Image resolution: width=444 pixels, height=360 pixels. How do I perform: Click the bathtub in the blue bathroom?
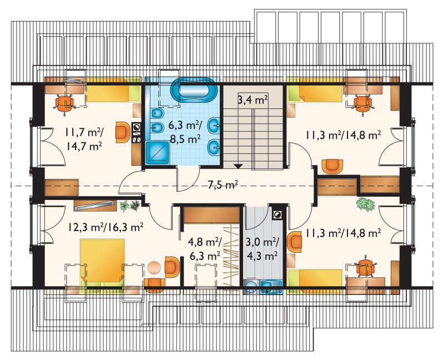(x=194, y=90)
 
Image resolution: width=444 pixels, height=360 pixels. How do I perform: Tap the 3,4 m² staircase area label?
(x=253, y=100)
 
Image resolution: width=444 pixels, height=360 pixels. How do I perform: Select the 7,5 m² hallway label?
(x=223, y=185)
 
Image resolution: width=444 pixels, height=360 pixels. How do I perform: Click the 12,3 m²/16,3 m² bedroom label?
(x=105, y=227)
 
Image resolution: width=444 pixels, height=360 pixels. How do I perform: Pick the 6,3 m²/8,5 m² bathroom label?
(x=185, y=131)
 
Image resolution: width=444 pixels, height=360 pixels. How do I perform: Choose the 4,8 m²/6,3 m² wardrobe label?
(x=204, y=248)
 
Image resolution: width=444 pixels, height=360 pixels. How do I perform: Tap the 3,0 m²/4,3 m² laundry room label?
(x=263, y=248)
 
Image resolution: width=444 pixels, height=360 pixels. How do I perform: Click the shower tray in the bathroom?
(x=158, y=153)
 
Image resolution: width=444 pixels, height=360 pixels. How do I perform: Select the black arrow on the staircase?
(x=239, y=166)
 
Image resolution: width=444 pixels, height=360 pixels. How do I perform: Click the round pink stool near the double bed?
(x=154, y=268)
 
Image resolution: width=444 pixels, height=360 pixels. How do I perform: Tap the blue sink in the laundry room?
(x=271, y=286)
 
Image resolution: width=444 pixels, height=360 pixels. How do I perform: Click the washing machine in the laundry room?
(x=251, y=286)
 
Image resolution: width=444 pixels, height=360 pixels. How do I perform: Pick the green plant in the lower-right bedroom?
(x=365, y=204)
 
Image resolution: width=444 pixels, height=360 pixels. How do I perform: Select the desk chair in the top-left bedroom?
(x=64, y=103)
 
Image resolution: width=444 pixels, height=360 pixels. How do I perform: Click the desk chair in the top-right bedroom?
(x=363, y=104)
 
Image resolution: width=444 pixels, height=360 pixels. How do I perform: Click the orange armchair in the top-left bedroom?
(x=123, y=132)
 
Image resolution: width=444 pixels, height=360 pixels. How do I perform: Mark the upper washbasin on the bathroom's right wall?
(x=214, y=126)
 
